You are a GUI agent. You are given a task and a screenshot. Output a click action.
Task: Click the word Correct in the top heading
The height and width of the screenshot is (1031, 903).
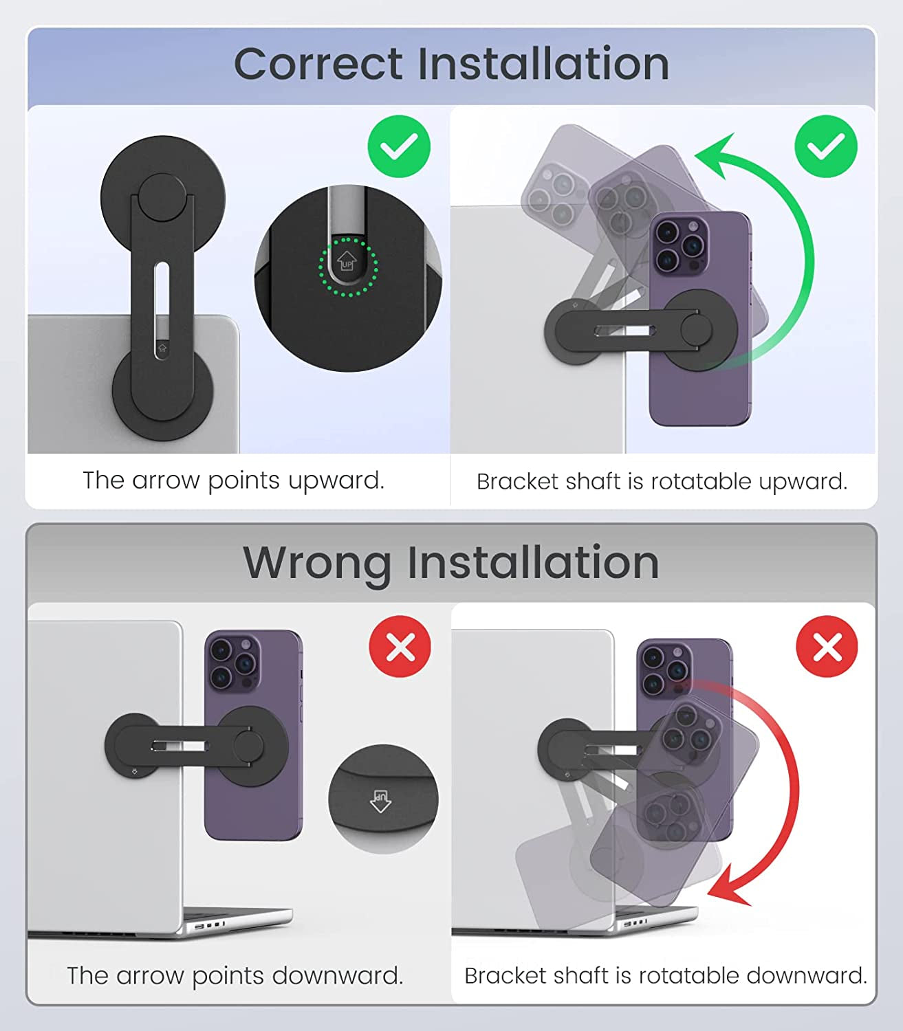coord(318,64)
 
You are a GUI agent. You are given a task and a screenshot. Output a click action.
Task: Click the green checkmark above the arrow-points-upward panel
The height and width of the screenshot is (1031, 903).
coord(399,146)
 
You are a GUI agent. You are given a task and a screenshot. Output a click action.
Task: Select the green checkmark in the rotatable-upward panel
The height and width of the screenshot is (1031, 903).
coord(826,146)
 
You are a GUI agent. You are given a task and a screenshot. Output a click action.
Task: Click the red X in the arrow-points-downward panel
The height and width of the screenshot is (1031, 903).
coord(400,646)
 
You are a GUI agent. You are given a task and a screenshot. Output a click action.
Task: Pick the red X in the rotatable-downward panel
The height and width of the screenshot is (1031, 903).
coord(827,646)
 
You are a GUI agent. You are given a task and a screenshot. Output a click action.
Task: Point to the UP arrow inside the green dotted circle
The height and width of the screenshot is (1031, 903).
coord(347,260)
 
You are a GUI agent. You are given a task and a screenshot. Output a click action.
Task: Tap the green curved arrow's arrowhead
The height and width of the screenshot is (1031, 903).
coord(715,155)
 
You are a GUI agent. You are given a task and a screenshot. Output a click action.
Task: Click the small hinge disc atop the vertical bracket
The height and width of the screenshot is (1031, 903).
coord(162,197)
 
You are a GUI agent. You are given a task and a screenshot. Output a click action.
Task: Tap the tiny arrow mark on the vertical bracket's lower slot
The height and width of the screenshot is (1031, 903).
coord(162,348)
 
